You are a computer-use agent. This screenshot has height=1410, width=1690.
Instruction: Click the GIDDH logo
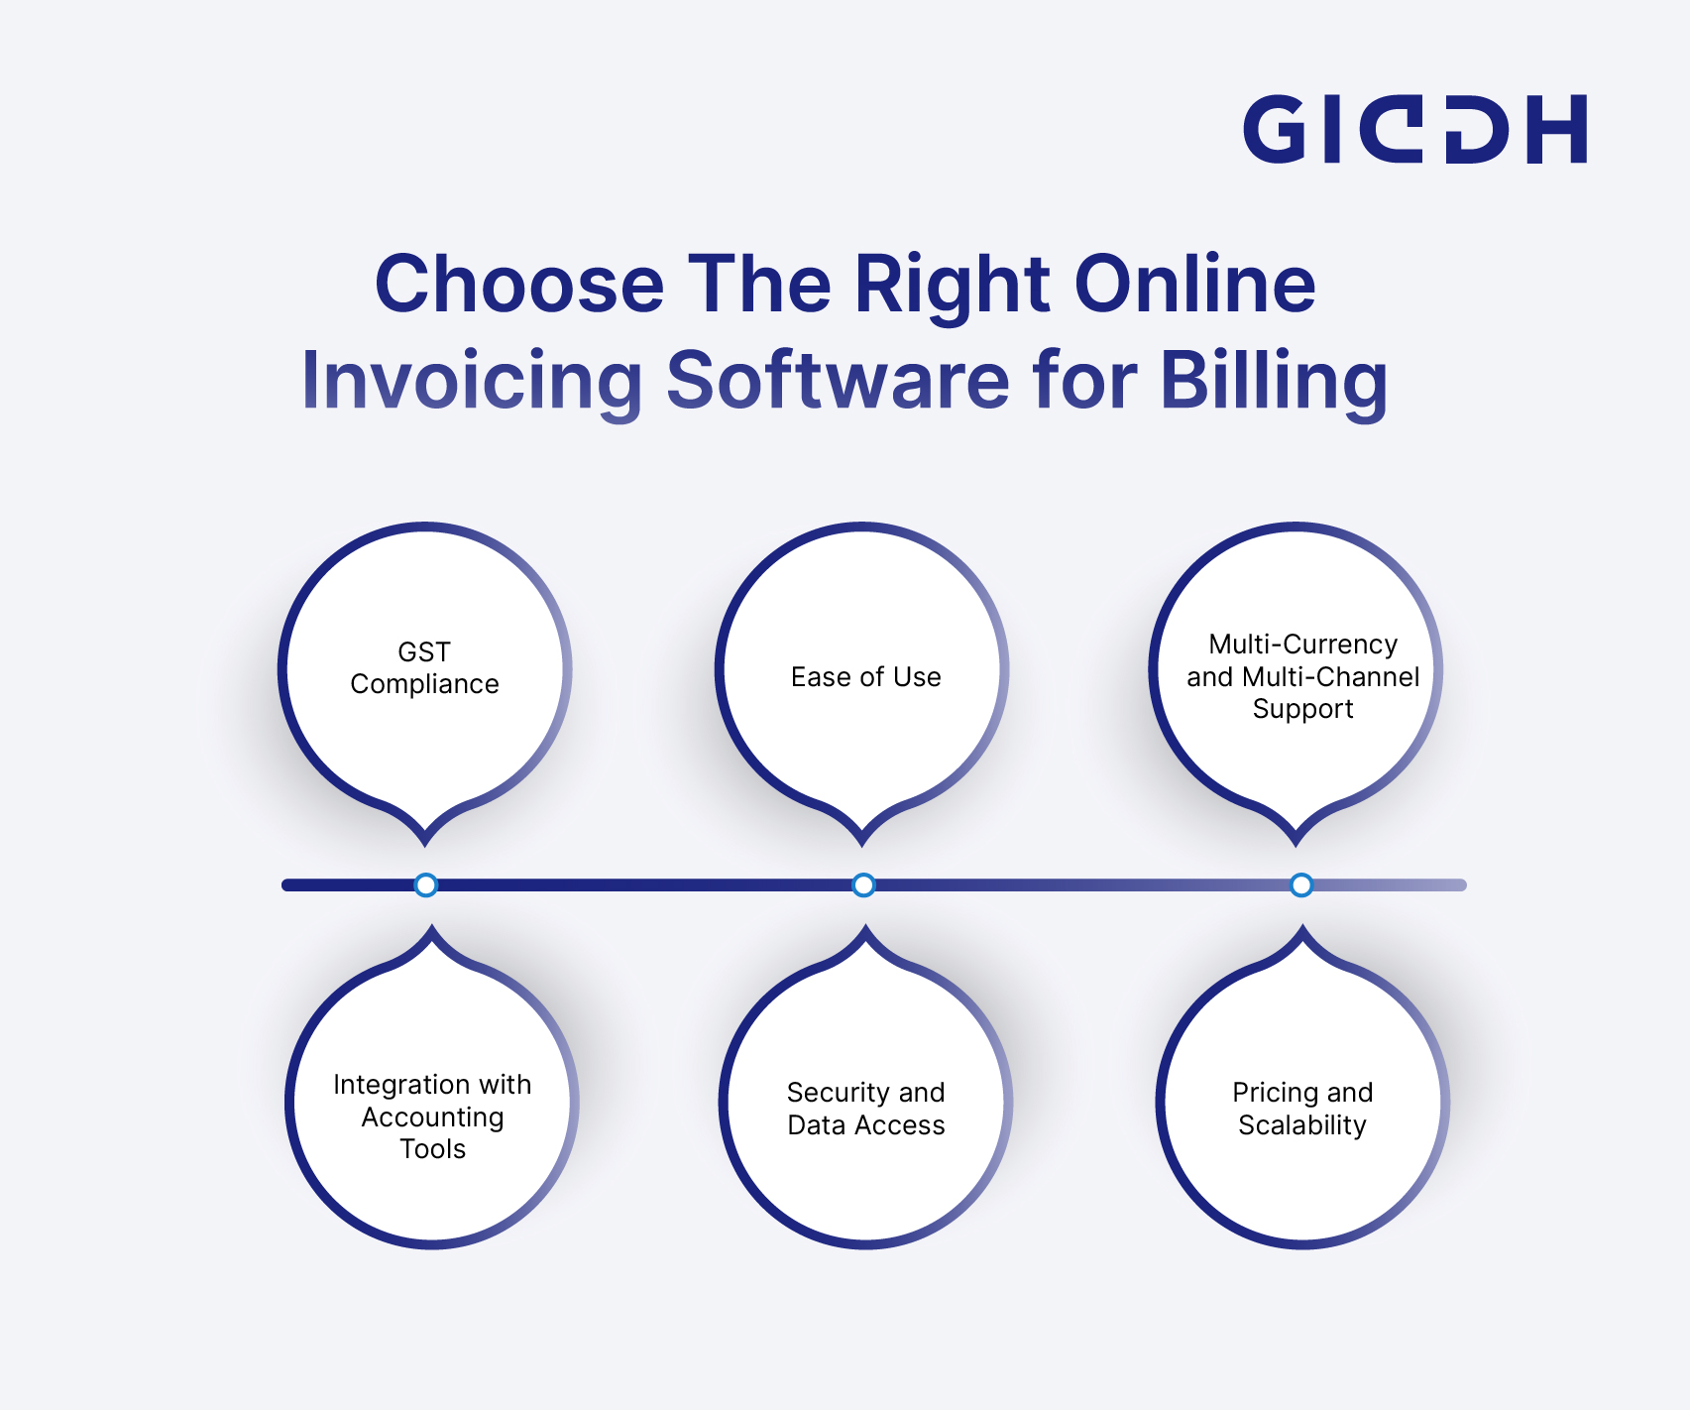pyautogui.click(x=1415, y=129)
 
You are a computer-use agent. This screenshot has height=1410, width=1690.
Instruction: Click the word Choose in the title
pyautogui.click(x=519, y=285)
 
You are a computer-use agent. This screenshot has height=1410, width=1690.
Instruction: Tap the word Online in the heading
pyautogui.click(x=1195, y=285)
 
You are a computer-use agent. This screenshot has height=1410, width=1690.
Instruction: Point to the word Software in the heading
pyautogui.click(x=838, y=380)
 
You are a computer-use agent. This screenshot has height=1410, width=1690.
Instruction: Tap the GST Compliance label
pyautogui.click(x=424, y=667)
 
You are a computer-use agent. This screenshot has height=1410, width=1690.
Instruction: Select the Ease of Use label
pyautogui.click(x=865, y=676)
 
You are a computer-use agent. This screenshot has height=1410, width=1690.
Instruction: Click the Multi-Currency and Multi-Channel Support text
pyautogui.click(x=1302, y=676)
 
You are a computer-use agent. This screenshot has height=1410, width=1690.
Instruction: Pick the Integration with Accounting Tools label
pyautogui.click(x=432, y=1116)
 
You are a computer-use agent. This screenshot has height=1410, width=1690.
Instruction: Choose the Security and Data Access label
pyautogui.click(x=865, y=1109)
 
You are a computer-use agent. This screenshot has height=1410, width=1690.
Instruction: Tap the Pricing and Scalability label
pyautogui.click(x=1302, y=1109)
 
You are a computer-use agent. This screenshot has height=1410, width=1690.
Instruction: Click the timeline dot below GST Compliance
pyautogui.click(x=425, y=884)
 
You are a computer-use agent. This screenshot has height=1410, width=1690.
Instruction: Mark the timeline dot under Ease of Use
pyautogui.click(x=863, y=884)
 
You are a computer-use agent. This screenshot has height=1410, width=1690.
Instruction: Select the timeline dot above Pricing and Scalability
pyautogui.click(x=1301, y=884)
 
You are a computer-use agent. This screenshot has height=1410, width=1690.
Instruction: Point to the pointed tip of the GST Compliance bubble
pyautogui.click(x=425, y=845)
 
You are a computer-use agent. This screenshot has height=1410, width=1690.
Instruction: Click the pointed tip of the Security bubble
pyautogui.click(x=865, y=927)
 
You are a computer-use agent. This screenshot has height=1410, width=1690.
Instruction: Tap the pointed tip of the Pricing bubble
pyautogui.click(x=1302, y=927)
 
